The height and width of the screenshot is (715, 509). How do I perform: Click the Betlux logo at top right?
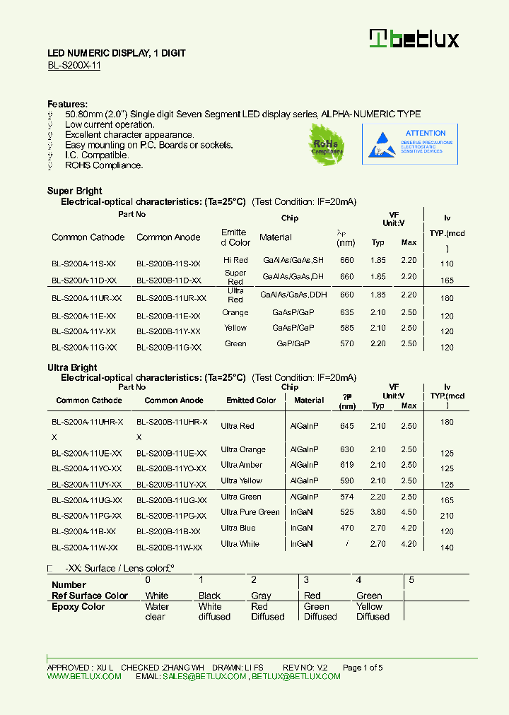[414, 39]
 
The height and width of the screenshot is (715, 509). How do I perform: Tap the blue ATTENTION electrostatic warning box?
[409, 144]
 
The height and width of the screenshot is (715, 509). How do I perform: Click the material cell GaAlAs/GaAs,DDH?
[293, 295]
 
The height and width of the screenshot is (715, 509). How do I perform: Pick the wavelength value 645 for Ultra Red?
[346, 426]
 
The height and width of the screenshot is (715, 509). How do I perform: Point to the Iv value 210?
[447, 516]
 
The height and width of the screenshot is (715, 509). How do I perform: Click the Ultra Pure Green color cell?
[250, 512]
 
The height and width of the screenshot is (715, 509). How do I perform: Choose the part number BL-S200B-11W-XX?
[170, 548]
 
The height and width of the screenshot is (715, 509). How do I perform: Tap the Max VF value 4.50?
[409, 513]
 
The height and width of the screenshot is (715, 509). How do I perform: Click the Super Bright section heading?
[74, 191]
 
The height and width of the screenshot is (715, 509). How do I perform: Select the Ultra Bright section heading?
[72, 367]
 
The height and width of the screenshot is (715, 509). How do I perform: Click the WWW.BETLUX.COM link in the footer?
[84, 676]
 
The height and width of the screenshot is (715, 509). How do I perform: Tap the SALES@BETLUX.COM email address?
[204, 676]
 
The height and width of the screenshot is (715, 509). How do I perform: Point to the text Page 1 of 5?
[363, 668]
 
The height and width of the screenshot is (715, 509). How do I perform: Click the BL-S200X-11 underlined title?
[74, 65]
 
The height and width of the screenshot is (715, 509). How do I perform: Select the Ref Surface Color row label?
[90, 596]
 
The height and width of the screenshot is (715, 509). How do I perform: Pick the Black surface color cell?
[209, 596]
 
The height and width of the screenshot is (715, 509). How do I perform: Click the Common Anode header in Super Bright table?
[168, 237]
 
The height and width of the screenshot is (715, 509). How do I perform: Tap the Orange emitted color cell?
[235, 312]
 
